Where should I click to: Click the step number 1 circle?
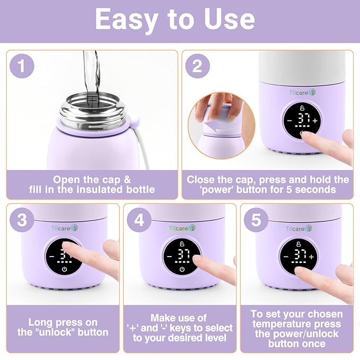point(22,66)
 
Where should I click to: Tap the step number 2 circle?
point(197,66)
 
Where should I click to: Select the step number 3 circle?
point(22,219)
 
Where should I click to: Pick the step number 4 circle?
point(139,219)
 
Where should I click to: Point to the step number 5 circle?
point(256,219)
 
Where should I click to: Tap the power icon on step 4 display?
point(182,269)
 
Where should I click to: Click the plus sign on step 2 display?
point(315,121)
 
